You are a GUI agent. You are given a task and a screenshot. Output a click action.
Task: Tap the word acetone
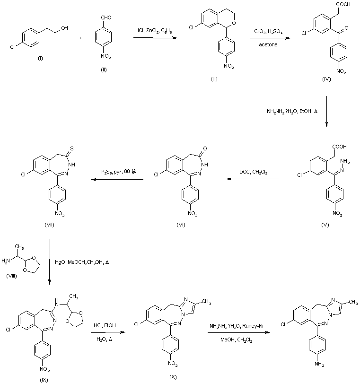pos(267,45)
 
